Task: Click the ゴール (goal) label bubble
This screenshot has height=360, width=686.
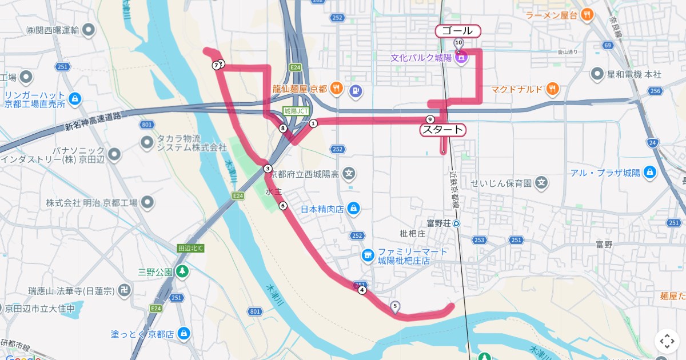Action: tap(457, 31)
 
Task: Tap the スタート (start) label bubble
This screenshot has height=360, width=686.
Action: tap(442, 130)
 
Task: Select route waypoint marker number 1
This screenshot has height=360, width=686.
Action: tap(313, 123)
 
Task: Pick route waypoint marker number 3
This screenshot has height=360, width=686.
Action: tap(268, 168)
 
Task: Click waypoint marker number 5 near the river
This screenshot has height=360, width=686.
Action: tap(395, 306)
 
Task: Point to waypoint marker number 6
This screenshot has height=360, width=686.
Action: tap(282, 206)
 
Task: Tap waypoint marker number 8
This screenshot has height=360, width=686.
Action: tap(283, 129)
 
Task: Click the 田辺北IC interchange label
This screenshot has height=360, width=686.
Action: tap(192, 249)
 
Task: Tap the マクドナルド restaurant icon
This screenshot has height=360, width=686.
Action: tap(552, 89)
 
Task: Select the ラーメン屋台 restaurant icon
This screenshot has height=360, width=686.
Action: tap(587, 15)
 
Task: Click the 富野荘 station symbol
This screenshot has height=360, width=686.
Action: tap(456, 223)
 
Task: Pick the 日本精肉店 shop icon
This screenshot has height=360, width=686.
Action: tap(354, 209)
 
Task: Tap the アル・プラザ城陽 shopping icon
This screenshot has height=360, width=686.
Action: tap(649, 173)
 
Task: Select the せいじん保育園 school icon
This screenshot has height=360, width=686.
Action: tap(542, 183)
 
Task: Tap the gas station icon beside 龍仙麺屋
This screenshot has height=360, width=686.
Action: tap(356, 89)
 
